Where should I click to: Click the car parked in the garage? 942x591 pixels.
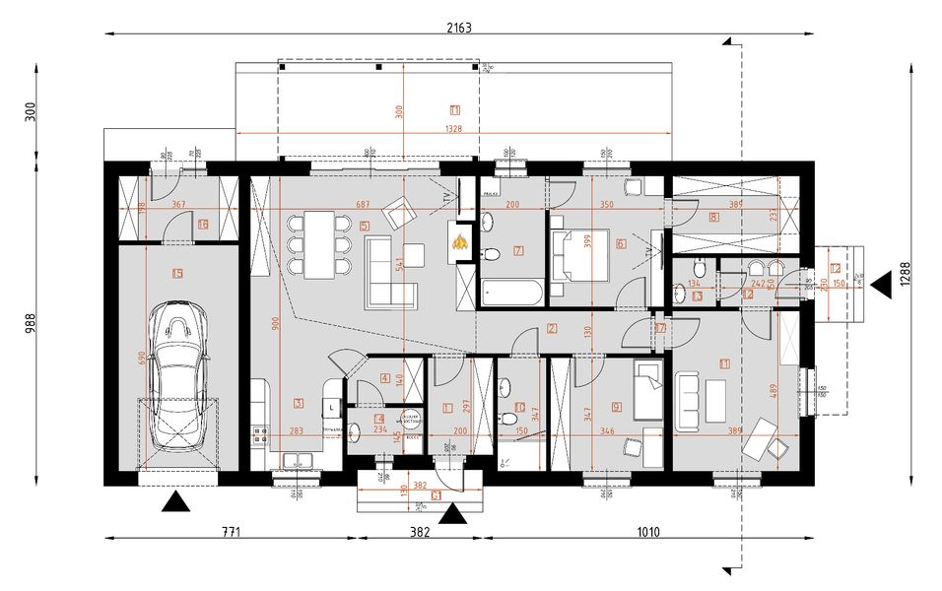coord(178,376)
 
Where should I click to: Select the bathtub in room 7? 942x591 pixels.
coord(510,293)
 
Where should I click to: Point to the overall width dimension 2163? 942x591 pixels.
coord(459,28)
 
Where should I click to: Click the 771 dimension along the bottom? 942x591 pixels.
coord(230,532)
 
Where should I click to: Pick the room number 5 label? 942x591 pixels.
coord(365,227)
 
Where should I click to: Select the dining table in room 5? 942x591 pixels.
coord(320,243)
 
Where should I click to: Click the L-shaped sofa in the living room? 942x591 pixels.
coord(391,276)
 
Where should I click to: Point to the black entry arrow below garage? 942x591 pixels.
coord(176,503)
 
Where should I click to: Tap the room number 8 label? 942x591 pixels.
coord(712,216)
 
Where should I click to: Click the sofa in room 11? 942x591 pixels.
coord(686,398)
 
